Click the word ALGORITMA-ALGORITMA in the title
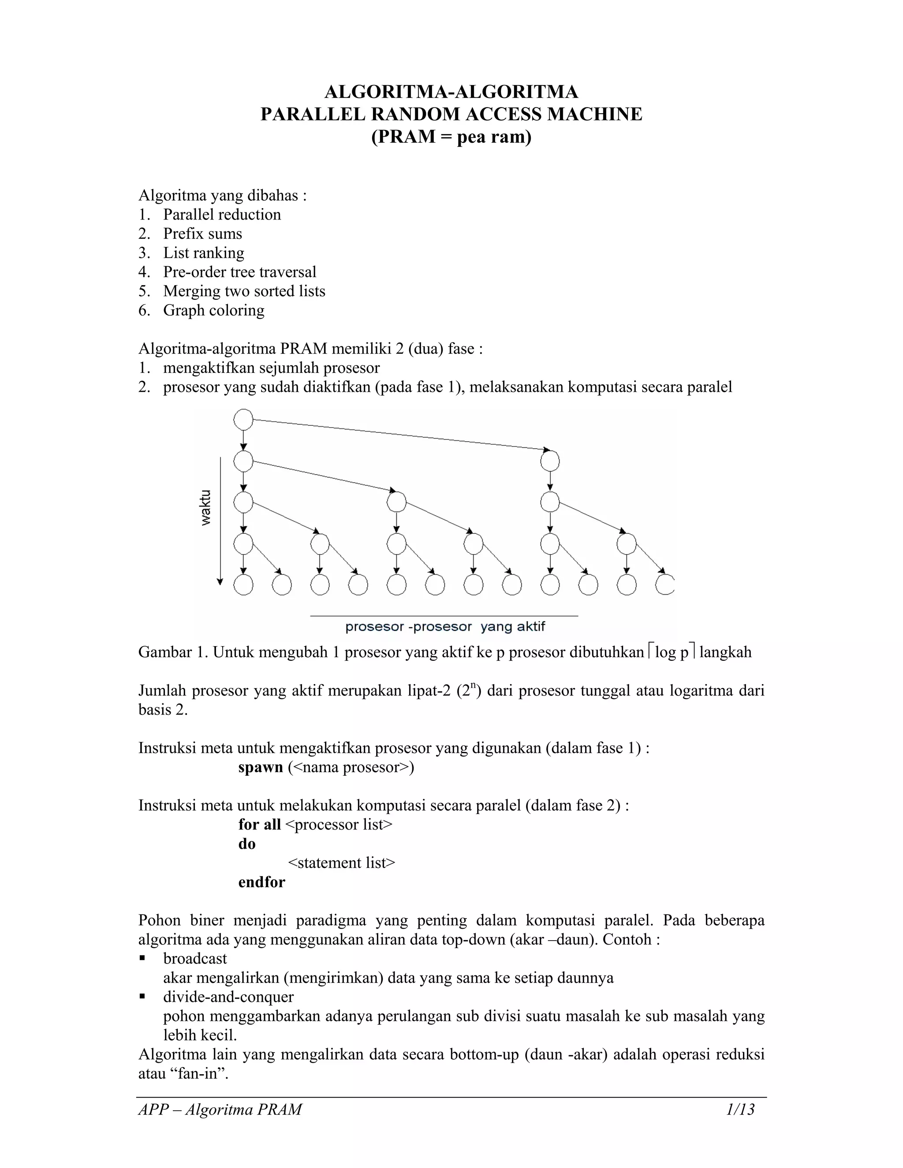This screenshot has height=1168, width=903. [x=451, y=92]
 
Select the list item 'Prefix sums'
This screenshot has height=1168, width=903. [x=202, y=234]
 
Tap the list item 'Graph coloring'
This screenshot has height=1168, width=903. [x=213, y=310]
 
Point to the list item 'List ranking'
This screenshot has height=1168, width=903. [x=203, y=253]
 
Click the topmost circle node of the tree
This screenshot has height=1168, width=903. [x=243, y=420]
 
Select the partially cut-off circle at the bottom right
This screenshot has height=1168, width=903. [x=665, y=584]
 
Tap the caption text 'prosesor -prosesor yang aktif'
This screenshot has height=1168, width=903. [x=445, y=627]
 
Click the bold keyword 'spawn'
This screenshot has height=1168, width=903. [x=261, y=767]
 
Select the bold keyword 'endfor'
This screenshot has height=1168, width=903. [x=261, y=882]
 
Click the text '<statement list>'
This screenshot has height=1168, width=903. [x=341, y=863]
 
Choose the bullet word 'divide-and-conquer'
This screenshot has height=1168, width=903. [x=228, y=997]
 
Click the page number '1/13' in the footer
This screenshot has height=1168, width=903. [x=740, y=1110]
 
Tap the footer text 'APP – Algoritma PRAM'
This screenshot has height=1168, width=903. [x=220, y=1110]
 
